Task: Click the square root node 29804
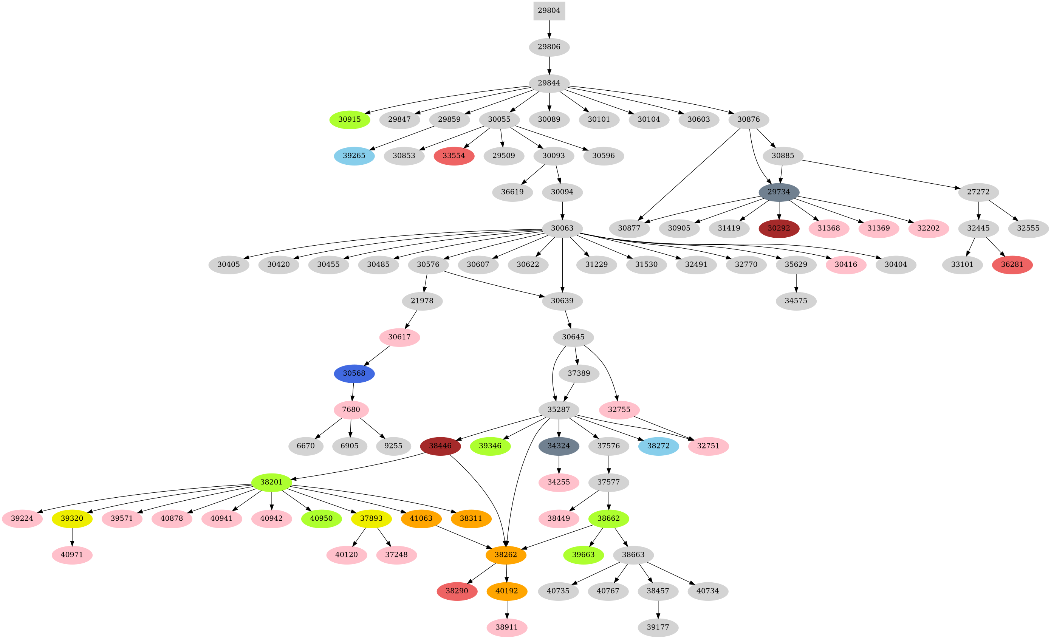click(549, 11)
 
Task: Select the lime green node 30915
click(349, 119)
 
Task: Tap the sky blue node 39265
click(354, 156)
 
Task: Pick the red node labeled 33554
click(454, 156)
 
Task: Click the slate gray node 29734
click(779, 192)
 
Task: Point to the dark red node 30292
click(779, 228)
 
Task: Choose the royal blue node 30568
click(354, 373)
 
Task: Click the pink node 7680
click(351, 410)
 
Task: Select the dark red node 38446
click(440, 446)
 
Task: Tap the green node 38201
click(272, 482)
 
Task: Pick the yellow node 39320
click(72, 518)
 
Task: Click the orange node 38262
click(506, 554)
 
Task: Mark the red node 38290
click(457, 591)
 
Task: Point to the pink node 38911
click(507, 627)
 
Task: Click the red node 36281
click(1012, 265)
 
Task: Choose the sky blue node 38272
click(659, 446)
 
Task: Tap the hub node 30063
click(562, 228)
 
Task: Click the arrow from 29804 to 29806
click(549, 29)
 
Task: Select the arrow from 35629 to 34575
click(796, 283)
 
